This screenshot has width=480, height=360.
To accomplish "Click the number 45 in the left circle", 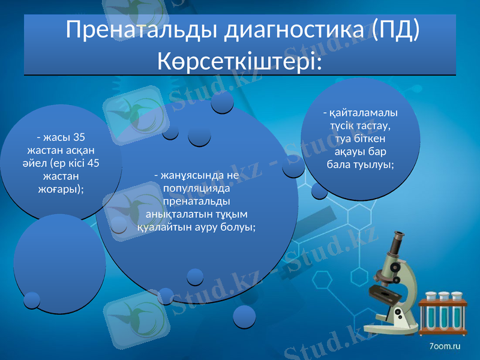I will (x=92, y=163).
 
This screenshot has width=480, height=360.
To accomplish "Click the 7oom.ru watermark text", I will (x=445, y=346).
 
